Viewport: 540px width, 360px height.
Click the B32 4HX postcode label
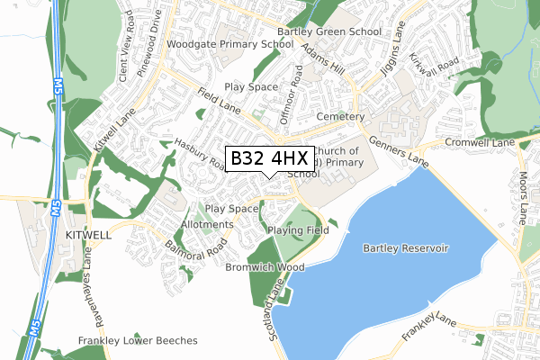(x=269, y=158)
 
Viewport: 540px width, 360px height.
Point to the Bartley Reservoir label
(x=405, y=247)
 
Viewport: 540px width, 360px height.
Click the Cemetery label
(x=340, y=117)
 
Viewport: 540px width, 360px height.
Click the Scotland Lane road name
(x=275, y=302)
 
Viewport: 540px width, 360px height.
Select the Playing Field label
(x=299, y=230)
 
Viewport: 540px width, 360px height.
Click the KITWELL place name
(x=88, y=233)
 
